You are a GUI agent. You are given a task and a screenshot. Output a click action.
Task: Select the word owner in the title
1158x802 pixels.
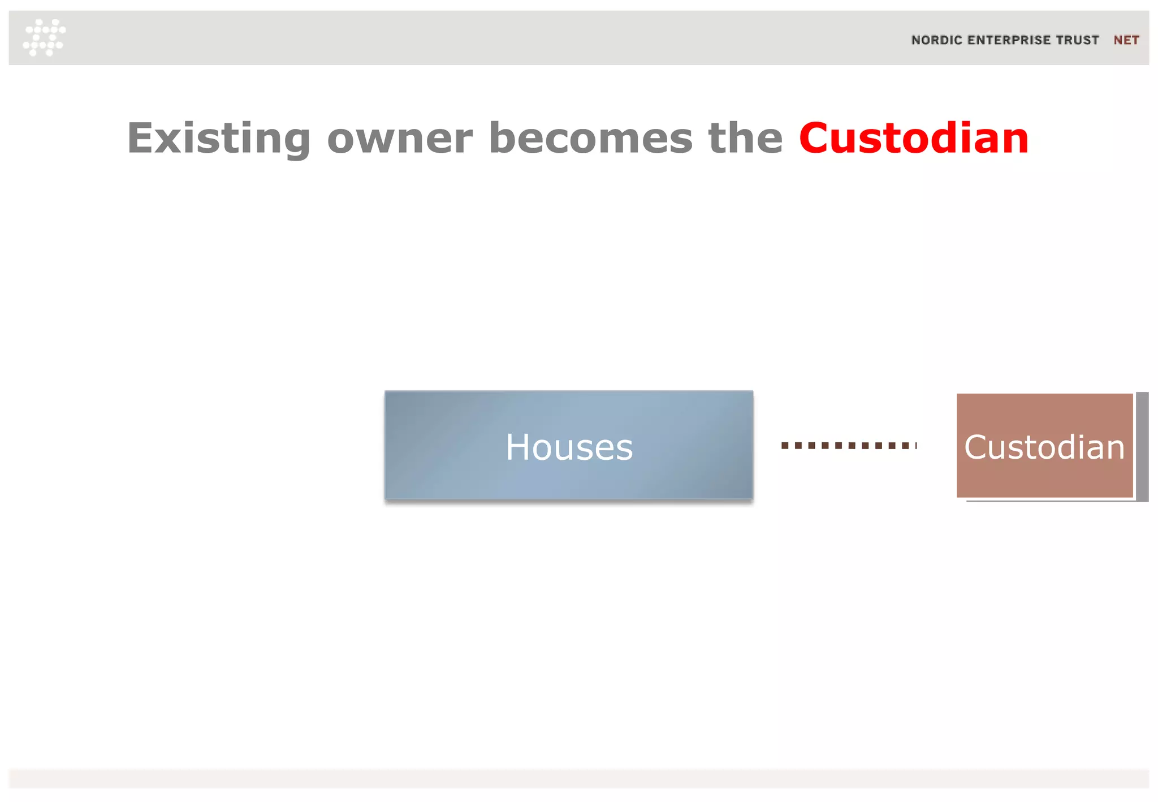(x=400, y=139)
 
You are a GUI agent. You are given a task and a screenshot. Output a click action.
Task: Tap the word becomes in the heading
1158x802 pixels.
(x=590, y=139)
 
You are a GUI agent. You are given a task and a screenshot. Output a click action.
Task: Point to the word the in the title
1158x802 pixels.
(x=745, y=139)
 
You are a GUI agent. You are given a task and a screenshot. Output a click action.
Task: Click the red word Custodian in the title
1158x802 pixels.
(x=914, y=139)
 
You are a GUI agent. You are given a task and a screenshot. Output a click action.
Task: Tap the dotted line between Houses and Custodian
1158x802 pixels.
(x=848, y=446)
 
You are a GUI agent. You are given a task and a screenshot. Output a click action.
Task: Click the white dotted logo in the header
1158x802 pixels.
(x=44, y=37)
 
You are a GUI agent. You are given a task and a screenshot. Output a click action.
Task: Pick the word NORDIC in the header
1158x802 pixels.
(x=936, y=40)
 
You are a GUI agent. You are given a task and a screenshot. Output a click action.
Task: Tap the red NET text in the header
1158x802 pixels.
(x=1126, y=40)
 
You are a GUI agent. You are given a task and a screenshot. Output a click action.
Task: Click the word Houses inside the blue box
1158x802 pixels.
(x=569, y=447)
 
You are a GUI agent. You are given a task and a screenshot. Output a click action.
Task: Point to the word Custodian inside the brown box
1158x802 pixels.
(x=1044, y=447)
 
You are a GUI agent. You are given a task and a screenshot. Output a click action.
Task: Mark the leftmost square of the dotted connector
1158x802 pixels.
(x=785, y=446)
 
